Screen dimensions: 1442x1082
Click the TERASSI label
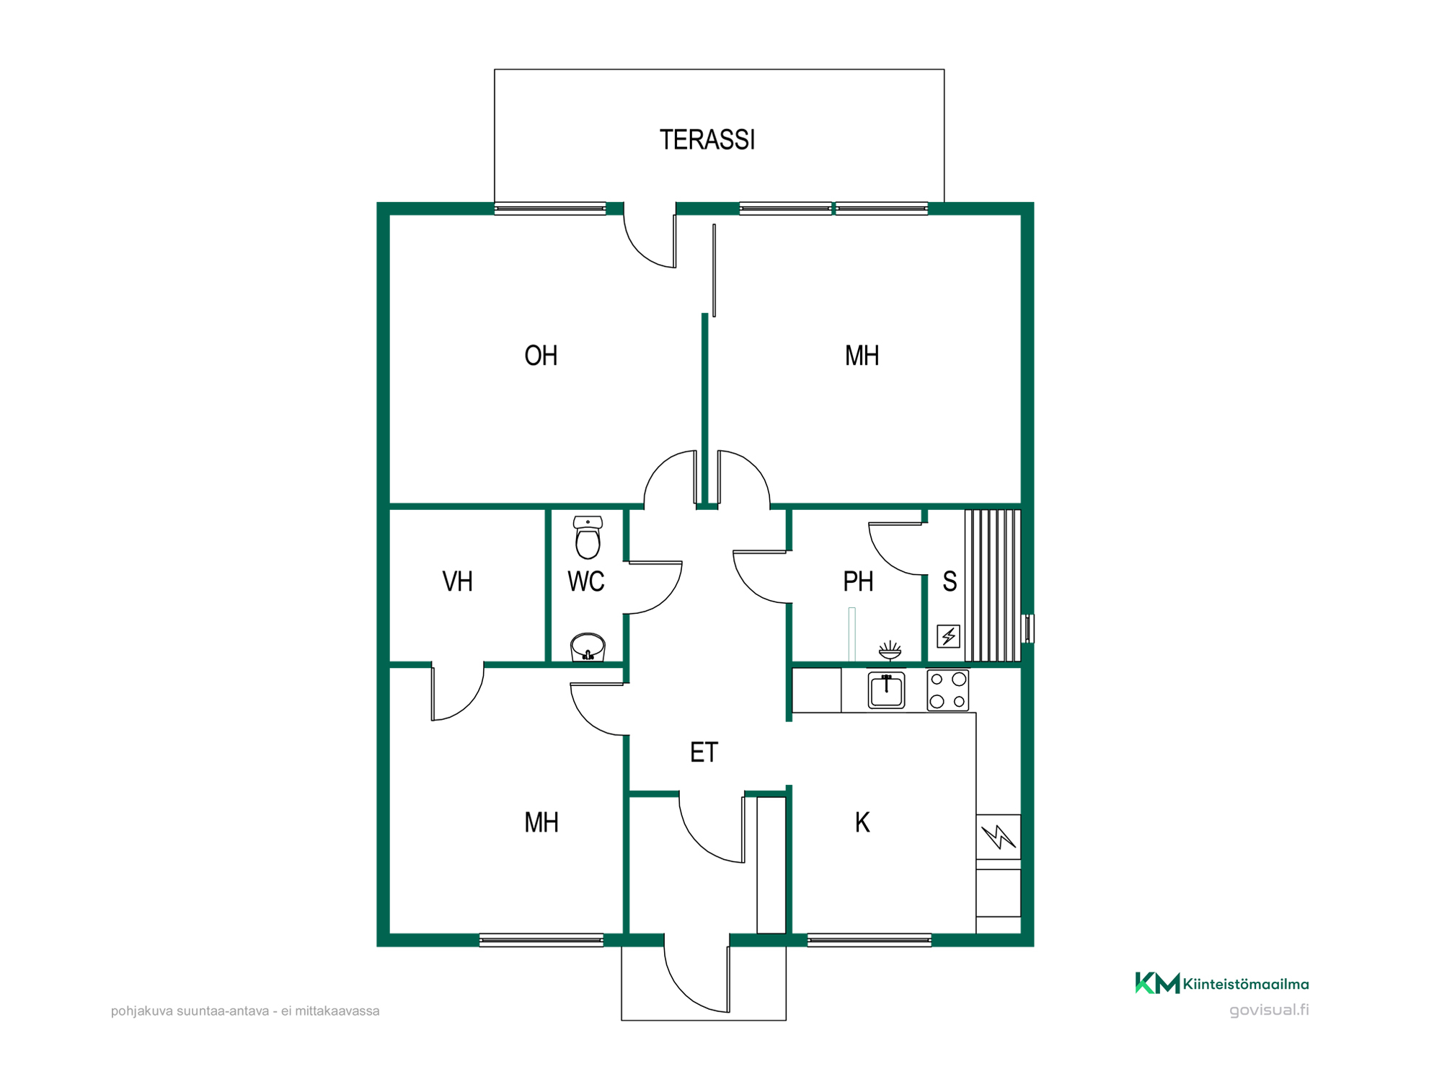tap(707, 140)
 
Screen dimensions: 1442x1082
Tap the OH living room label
tap(541, 356)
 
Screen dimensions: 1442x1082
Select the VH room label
tap(457, 581)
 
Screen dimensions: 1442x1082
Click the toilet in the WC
tap(588, 537)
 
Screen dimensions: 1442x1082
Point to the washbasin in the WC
tap(588, 647)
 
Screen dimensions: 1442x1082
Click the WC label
tap(585, 581)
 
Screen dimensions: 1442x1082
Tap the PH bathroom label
tap(858, 581)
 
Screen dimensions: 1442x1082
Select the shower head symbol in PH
tap(890, 651)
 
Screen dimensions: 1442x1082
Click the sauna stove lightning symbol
tap(948, 636)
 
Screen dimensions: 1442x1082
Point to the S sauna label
tap(950, 581)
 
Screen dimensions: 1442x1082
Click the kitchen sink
tap(886, 690)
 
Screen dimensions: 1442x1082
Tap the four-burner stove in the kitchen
tap(948, 690)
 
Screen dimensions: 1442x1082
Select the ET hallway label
tap(704, 752)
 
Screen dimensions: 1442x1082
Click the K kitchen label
tap(862, 822)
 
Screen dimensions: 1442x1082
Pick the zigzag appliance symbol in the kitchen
tap(999, 837)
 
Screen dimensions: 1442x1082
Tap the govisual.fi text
tap(1269, 1010)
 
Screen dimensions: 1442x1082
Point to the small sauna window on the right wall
tap(1030, 628)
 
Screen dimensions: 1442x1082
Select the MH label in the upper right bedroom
tap(862, 356)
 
